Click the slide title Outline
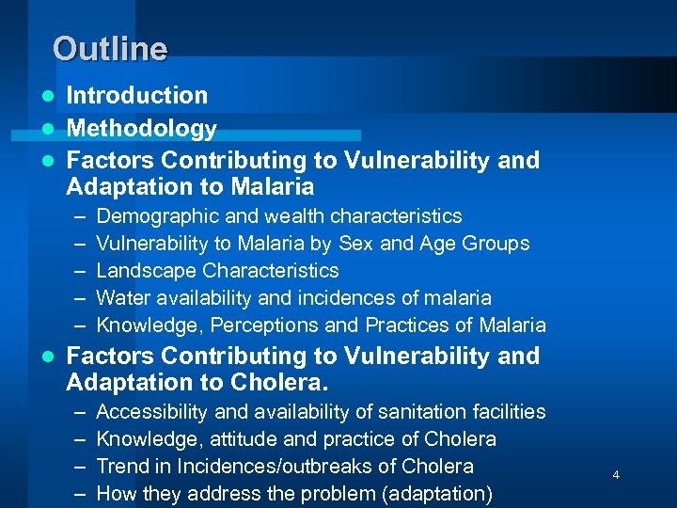110,48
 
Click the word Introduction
137,95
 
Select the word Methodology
142,128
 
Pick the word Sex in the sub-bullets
347,244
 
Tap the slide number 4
616,475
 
